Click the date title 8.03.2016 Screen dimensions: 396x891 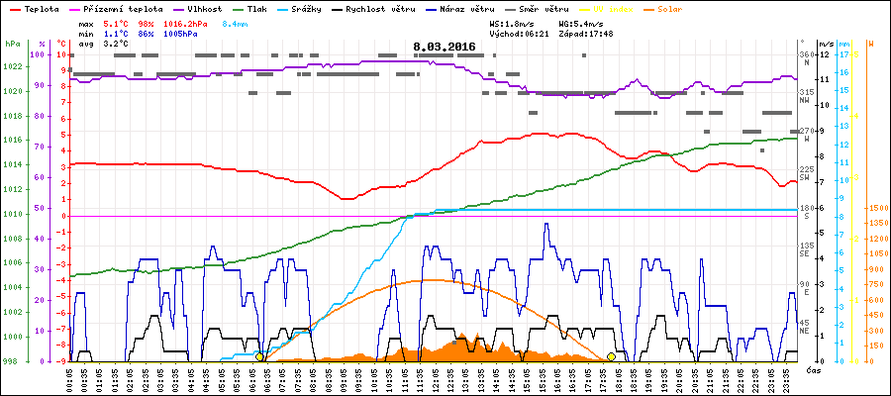point(445,47)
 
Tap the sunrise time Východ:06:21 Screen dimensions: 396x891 point(519,33)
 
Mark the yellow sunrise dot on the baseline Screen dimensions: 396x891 point(259,356)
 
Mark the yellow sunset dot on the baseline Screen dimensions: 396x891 point(611,356)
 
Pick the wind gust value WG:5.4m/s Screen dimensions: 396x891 point(581,22)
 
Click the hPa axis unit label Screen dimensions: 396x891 point(12,45)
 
